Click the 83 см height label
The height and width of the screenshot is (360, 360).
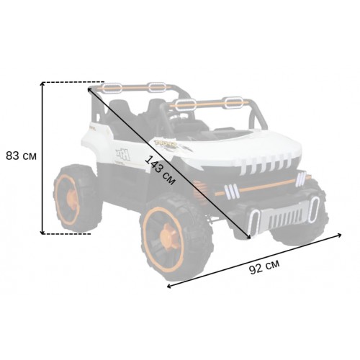(x=21, y=156)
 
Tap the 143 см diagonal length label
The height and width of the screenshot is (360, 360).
(x=160, y=171)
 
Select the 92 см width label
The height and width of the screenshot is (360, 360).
(x=264, y=267)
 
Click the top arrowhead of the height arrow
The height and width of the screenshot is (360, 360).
(x=42, y=84)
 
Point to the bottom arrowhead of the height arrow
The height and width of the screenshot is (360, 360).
(x=42, y=232)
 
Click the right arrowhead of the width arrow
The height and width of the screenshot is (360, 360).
(x=339, y=235)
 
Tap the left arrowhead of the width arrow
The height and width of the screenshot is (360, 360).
(x=169, y=286)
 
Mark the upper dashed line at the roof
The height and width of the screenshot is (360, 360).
(x=74, y=82)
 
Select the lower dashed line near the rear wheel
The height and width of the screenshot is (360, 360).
(x=67, y=234)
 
